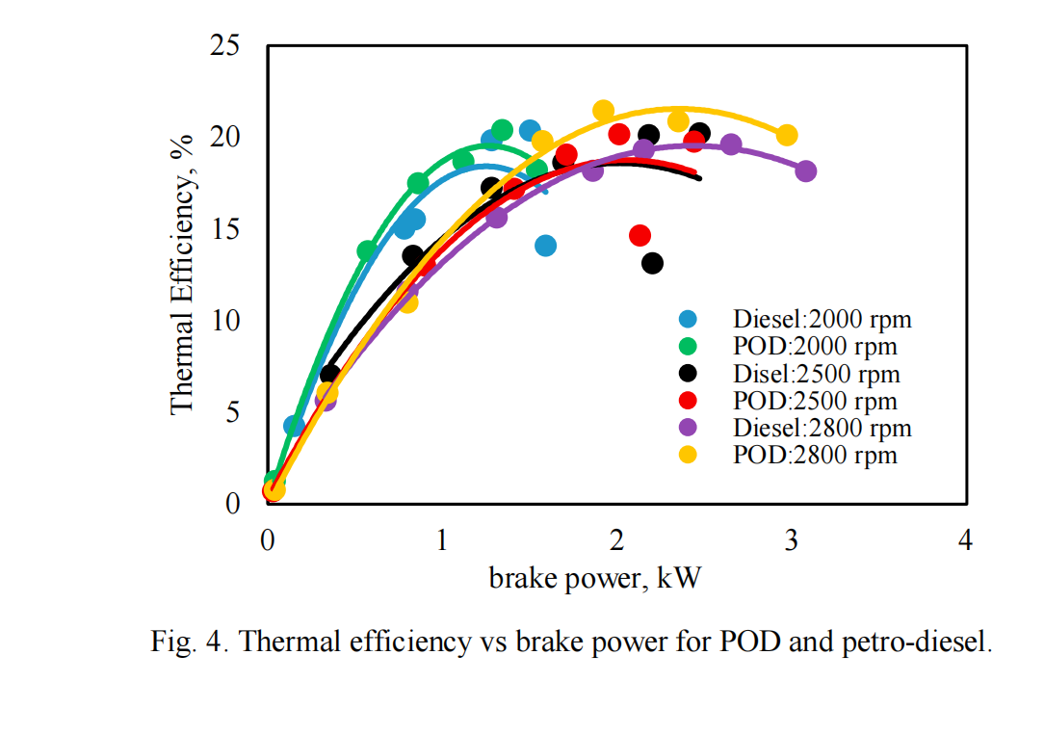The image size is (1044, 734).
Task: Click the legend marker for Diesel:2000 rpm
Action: click(688, 318)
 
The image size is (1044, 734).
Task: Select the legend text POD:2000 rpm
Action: click(815, 346)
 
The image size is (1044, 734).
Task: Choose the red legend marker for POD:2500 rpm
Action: click(688, 401)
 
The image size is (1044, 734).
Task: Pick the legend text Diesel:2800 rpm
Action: click(822, 428)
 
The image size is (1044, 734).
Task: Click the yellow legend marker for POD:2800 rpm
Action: click(688, 455)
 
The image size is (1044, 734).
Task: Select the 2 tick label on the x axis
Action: click(617, 541)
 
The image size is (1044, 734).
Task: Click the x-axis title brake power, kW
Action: click(595, 578)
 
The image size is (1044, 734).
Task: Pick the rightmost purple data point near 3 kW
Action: click(806, 171)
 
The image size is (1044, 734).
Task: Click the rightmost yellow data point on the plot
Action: click(787, 135)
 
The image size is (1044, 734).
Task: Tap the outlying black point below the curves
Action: click(652, 263)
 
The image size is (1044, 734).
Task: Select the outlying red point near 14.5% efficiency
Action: click(639, 235)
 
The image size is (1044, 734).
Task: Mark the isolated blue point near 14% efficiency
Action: click(545, 246)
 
